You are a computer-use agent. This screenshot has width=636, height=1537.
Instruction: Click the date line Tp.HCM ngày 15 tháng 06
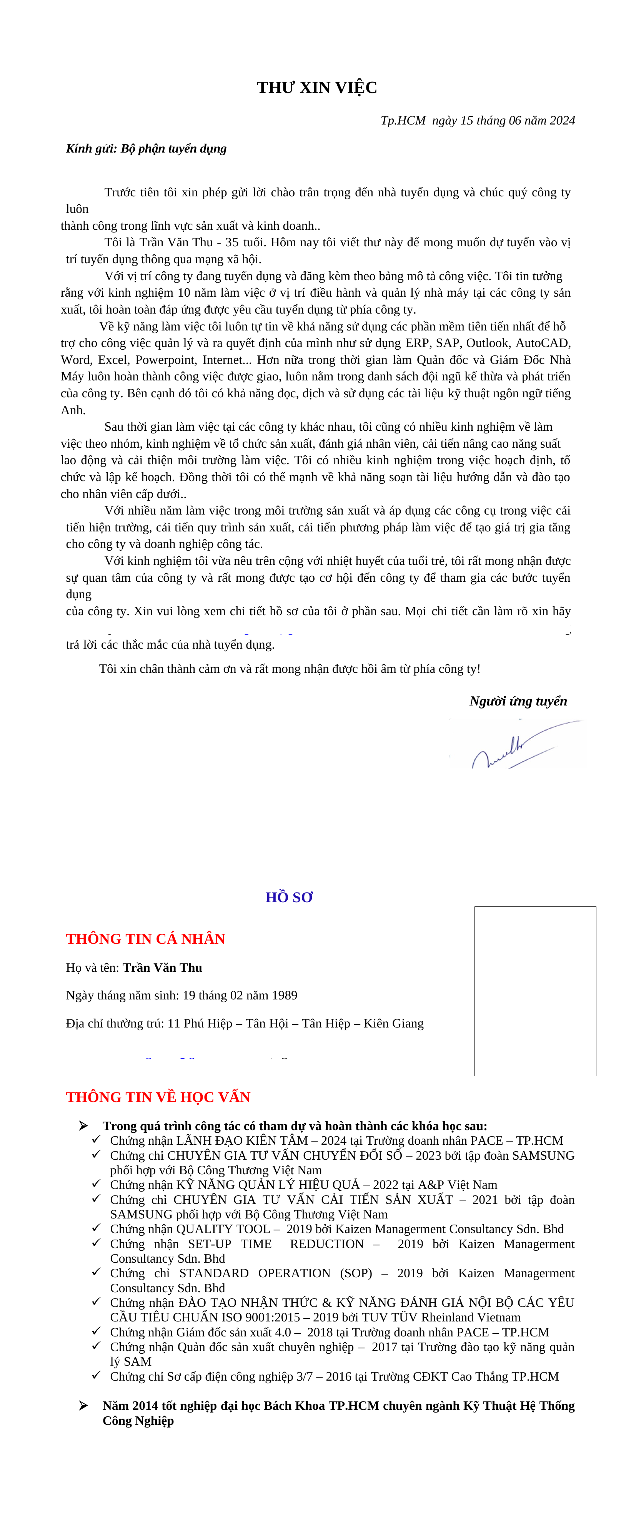click(477, 121)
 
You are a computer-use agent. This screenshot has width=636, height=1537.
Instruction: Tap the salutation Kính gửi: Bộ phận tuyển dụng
click(146, 149)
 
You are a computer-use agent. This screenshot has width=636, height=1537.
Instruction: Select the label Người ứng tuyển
click(518, 701)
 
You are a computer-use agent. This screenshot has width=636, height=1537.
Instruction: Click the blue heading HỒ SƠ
click(289, 897)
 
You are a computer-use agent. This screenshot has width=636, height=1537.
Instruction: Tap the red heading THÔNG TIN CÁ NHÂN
click(146, 939)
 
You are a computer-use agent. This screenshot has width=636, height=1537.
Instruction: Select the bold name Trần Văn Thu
click(162, 968)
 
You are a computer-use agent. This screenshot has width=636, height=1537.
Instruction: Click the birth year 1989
click(284, 995)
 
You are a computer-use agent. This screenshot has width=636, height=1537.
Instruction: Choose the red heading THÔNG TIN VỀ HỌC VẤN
click(158, 1097)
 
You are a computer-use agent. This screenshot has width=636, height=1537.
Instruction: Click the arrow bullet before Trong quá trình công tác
click(83, 1125)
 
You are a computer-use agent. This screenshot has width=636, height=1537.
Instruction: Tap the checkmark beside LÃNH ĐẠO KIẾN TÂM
click(96, 1140)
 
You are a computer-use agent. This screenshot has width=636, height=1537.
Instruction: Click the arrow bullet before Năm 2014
click(83, 1405)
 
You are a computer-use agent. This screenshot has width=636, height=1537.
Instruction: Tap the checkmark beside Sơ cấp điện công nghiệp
click(96, 1375)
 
